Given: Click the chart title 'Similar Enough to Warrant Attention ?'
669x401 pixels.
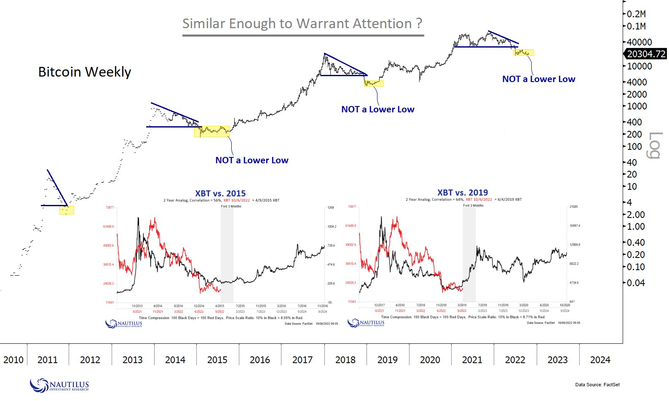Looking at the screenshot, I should coord(302,24).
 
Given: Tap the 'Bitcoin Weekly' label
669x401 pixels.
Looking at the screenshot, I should coord(85,72).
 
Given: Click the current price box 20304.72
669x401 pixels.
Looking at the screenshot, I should coord(646,54).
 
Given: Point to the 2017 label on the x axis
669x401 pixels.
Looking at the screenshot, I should coord(302,360).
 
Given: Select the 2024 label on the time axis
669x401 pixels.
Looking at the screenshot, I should coord(600,360).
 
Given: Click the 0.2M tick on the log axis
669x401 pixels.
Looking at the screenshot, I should coord(636,14).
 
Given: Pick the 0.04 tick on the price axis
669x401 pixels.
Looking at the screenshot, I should coord(636,283).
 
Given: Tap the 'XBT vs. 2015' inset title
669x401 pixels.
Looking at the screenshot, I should coord(220,194).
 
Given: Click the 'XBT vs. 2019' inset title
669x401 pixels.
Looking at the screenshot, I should coord(463,193).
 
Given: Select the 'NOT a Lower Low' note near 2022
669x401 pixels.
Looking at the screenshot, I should coord(538,79).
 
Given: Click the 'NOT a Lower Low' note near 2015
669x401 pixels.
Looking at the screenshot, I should coord(252,160).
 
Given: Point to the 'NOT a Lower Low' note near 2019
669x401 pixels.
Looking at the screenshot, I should coord(377,109).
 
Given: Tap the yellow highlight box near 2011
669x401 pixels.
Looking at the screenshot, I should coord(67,210).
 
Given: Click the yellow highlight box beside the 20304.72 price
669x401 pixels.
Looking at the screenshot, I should coord(524,53).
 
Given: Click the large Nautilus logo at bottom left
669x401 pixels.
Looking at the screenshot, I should coord(59,385).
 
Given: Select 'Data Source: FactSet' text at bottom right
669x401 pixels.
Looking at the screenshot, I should coord(597,385).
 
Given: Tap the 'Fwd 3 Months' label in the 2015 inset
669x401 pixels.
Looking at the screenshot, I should coord(231,206).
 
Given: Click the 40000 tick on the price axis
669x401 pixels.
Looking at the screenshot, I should coord(639,42).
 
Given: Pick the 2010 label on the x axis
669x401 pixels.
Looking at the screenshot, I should coord(13,360).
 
